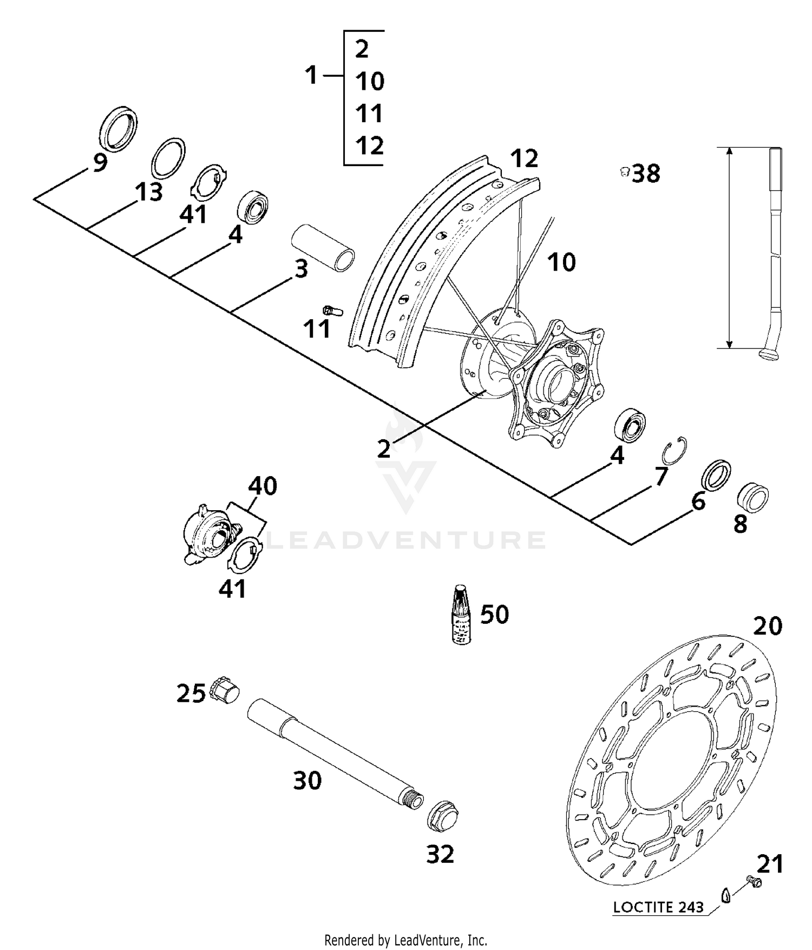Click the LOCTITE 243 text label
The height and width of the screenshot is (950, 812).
(658, 907)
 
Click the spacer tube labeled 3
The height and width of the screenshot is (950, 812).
(324, 248)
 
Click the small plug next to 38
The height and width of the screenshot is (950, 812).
(624, 172)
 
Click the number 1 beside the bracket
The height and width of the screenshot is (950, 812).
(311, 75)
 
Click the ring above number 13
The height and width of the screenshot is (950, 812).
(168, 157)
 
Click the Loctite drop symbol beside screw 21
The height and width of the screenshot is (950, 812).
(726, 895)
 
